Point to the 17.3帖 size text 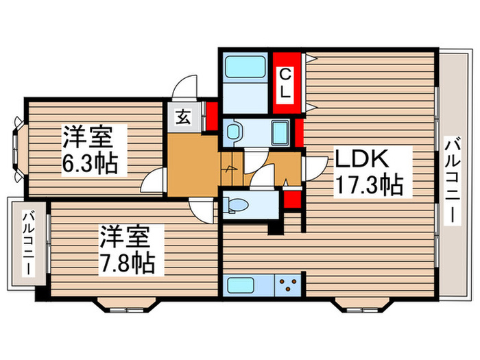(x=368, y=184)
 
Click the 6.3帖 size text (x=88, y=163)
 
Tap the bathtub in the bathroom (x=245, y=69)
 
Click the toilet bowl (x=237, y=204)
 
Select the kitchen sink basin (x=246, y=285)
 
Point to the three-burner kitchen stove (x=288, y=285)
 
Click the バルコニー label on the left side (x=27, y=243)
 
